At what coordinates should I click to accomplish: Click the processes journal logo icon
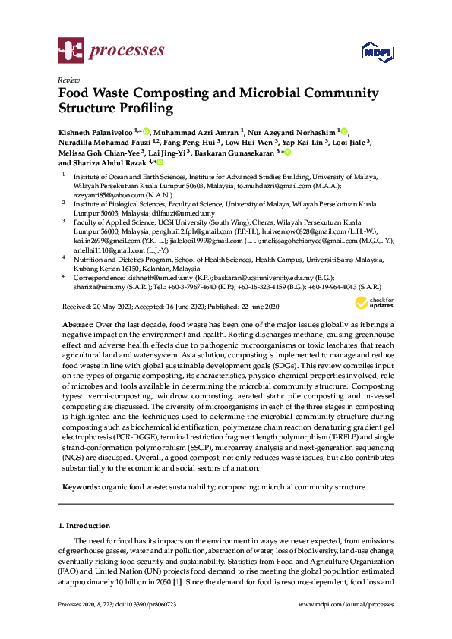71,52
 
